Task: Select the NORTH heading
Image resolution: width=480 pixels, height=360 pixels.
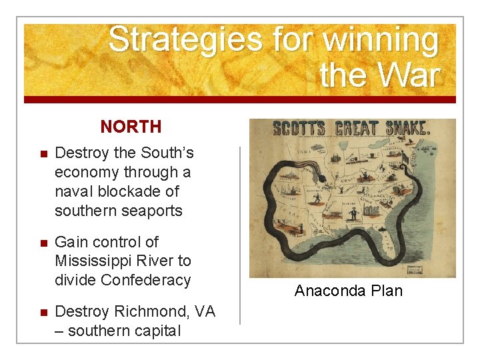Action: (131, 126)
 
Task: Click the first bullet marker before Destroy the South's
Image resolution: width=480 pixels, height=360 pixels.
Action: (41, 153)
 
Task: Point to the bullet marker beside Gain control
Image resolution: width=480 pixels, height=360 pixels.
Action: (41, 243)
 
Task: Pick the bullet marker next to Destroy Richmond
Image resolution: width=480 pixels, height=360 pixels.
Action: (41, 313)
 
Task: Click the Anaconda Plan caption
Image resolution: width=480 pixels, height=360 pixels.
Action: (349, 291)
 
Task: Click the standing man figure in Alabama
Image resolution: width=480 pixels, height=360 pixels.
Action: (353, 215)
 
